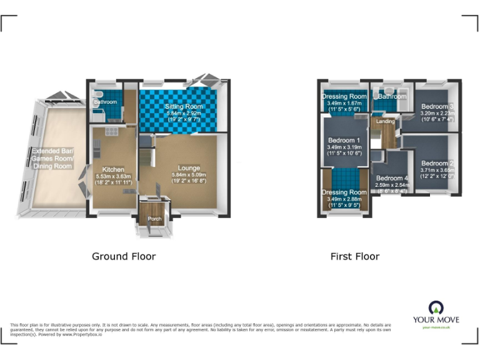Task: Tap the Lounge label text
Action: [189, 167]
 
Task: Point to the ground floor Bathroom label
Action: [106, 102]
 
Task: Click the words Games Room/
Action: [52, 159]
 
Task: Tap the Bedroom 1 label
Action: [344, 141]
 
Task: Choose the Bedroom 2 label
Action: [437, 163]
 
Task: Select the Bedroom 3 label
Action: [437, 107]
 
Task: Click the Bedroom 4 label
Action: [392, 178]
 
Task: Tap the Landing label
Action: [385, 121]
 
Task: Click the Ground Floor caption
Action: [124, 256]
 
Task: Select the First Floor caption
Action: [355, 256]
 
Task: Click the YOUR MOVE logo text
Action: [436, 320]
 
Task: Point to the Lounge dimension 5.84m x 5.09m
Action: [189, 174]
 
